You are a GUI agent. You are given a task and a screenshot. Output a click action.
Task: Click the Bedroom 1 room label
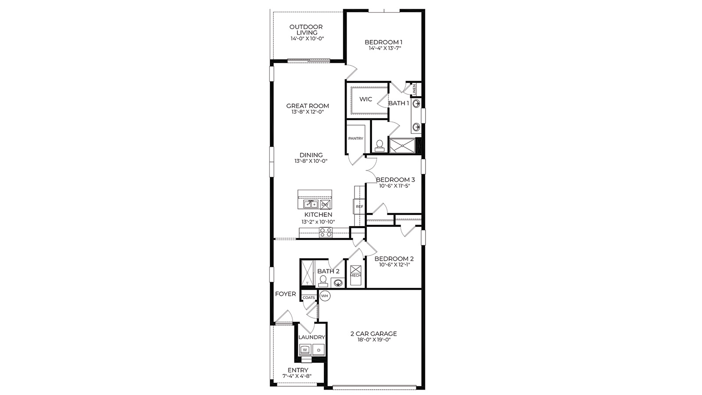click(383, 42)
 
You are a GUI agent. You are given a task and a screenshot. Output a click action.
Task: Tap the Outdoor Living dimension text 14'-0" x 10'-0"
click(307, 39)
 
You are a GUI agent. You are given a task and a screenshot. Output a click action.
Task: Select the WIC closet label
click(365, 99)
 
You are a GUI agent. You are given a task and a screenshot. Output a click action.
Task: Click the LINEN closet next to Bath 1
click(414, 89)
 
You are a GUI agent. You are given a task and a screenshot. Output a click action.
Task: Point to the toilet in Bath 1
click(380, 146)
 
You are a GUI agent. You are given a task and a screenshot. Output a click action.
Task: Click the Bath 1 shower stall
click(402, 146)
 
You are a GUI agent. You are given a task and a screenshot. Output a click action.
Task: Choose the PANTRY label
click(355, 139)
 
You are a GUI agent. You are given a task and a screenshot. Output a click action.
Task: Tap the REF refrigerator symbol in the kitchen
click(359, 206)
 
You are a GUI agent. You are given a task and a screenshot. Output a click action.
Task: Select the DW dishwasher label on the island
click(325, 205)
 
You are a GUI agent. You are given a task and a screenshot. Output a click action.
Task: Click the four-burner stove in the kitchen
click(326, 233)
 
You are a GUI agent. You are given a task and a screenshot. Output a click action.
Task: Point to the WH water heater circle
click(325, 296)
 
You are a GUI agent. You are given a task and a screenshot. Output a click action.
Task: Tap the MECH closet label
click(355, 276)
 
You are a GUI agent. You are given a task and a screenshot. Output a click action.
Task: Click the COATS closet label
click(308, 298)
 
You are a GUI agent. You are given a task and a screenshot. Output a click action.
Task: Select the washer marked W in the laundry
click(304, 350)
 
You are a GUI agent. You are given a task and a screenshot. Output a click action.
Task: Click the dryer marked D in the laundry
click(319, 350)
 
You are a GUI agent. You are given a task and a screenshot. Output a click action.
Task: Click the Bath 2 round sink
click(337, 283)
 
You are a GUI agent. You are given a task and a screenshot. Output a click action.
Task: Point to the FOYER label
click(286, 294)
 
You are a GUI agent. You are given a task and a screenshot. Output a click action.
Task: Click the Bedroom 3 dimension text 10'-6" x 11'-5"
click(395, 186)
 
